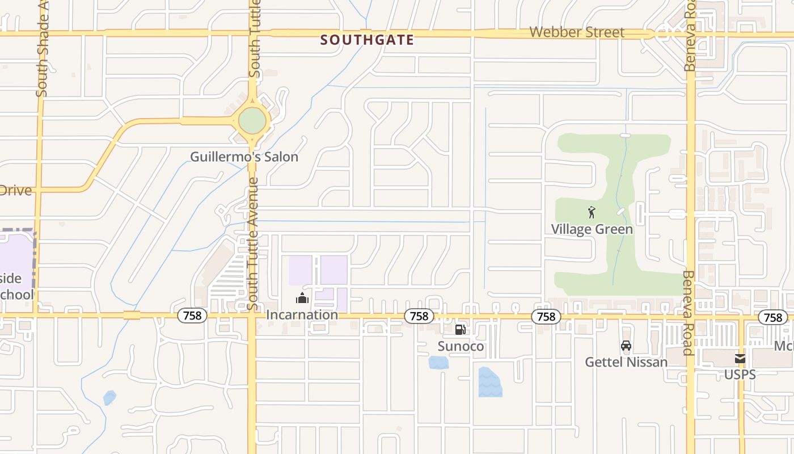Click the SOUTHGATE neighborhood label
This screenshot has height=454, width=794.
click(367, 40)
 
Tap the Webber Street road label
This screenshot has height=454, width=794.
click(576, 32)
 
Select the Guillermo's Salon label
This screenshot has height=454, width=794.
click(244, 157)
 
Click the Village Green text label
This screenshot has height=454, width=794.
click(592, 229)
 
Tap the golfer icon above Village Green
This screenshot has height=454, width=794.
click(592, 212)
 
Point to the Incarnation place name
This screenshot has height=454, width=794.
click(302, 314)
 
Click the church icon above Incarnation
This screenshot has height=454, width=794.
click(302, 299)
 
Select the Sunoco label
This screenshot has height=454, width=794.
click(461, 346)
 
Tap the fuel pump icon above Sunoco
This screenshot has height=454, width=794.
click(461, 330)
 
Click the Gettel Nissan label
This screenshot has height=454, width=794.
click(626, 361)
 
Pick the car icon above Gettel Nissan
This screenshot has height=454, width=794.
click(626, 346)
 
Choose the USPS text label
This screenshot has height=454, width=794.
click(740, 375)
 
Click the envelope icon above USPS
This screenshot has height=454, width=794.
click(740, 359)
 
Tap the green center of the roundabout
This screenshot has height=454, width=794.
click(252, 120)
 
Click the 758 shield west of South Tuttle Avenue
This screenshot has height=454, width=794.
click(192, 315)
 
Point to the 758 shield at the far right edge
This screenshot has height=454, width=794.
click(772, 317)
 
